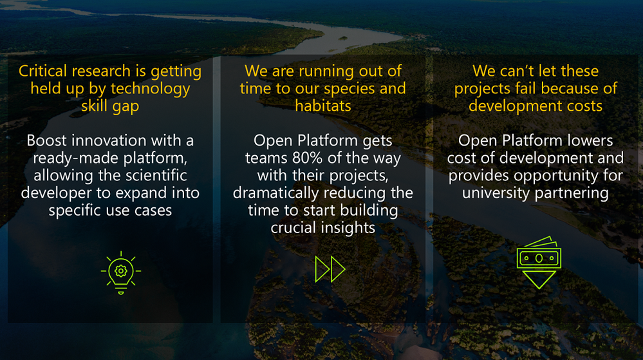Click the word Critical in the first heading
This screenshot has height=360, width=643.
[42, 71]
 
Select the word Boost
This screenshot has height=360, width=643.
[45, 140]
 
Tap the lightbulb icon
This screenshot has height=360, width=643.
[121, 272]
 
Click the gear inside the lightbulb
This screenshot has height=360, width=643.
[121, 271]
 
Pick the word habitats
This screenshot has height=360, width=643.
[323, 106]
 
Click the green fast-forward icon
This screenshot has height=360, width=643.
[330, 269]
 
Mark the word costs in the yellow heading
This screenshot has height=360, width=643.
[584, 106]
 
